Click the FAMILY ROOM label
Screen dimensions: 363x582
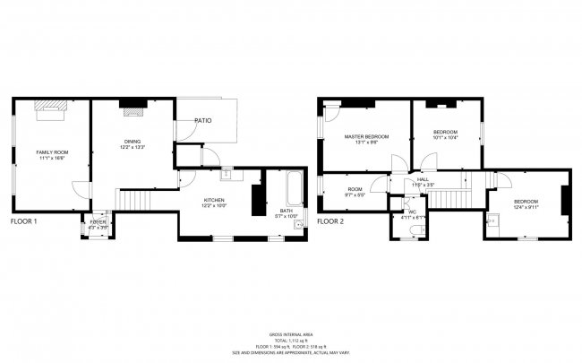[x=52, y=153]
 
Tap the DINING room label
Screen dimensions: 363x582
[x=133, y=142]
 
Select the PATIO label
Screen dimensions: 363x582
[x=203, y=120]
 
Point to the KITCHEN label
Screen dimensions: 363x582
[x=213, y=200]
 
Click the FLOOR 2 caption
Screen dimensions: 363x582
[x=330, y=220]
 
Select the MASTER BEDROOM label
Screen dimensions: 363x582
[x=367, y=136]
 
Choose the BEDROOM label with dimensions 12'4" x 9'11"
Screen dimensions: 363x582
[x=526, y=202]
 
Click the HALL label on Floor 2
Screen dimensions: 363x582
[x=422, y=180]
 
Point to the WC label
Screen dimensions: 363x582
[x=413, y=212]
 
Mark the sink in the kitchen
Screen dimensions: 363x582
[x=227, y=177]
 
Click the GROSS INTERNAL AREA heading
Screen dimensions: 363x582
[x=291, y=333]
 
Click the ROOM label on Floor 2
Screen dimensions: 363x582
[x=355, y=189]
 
